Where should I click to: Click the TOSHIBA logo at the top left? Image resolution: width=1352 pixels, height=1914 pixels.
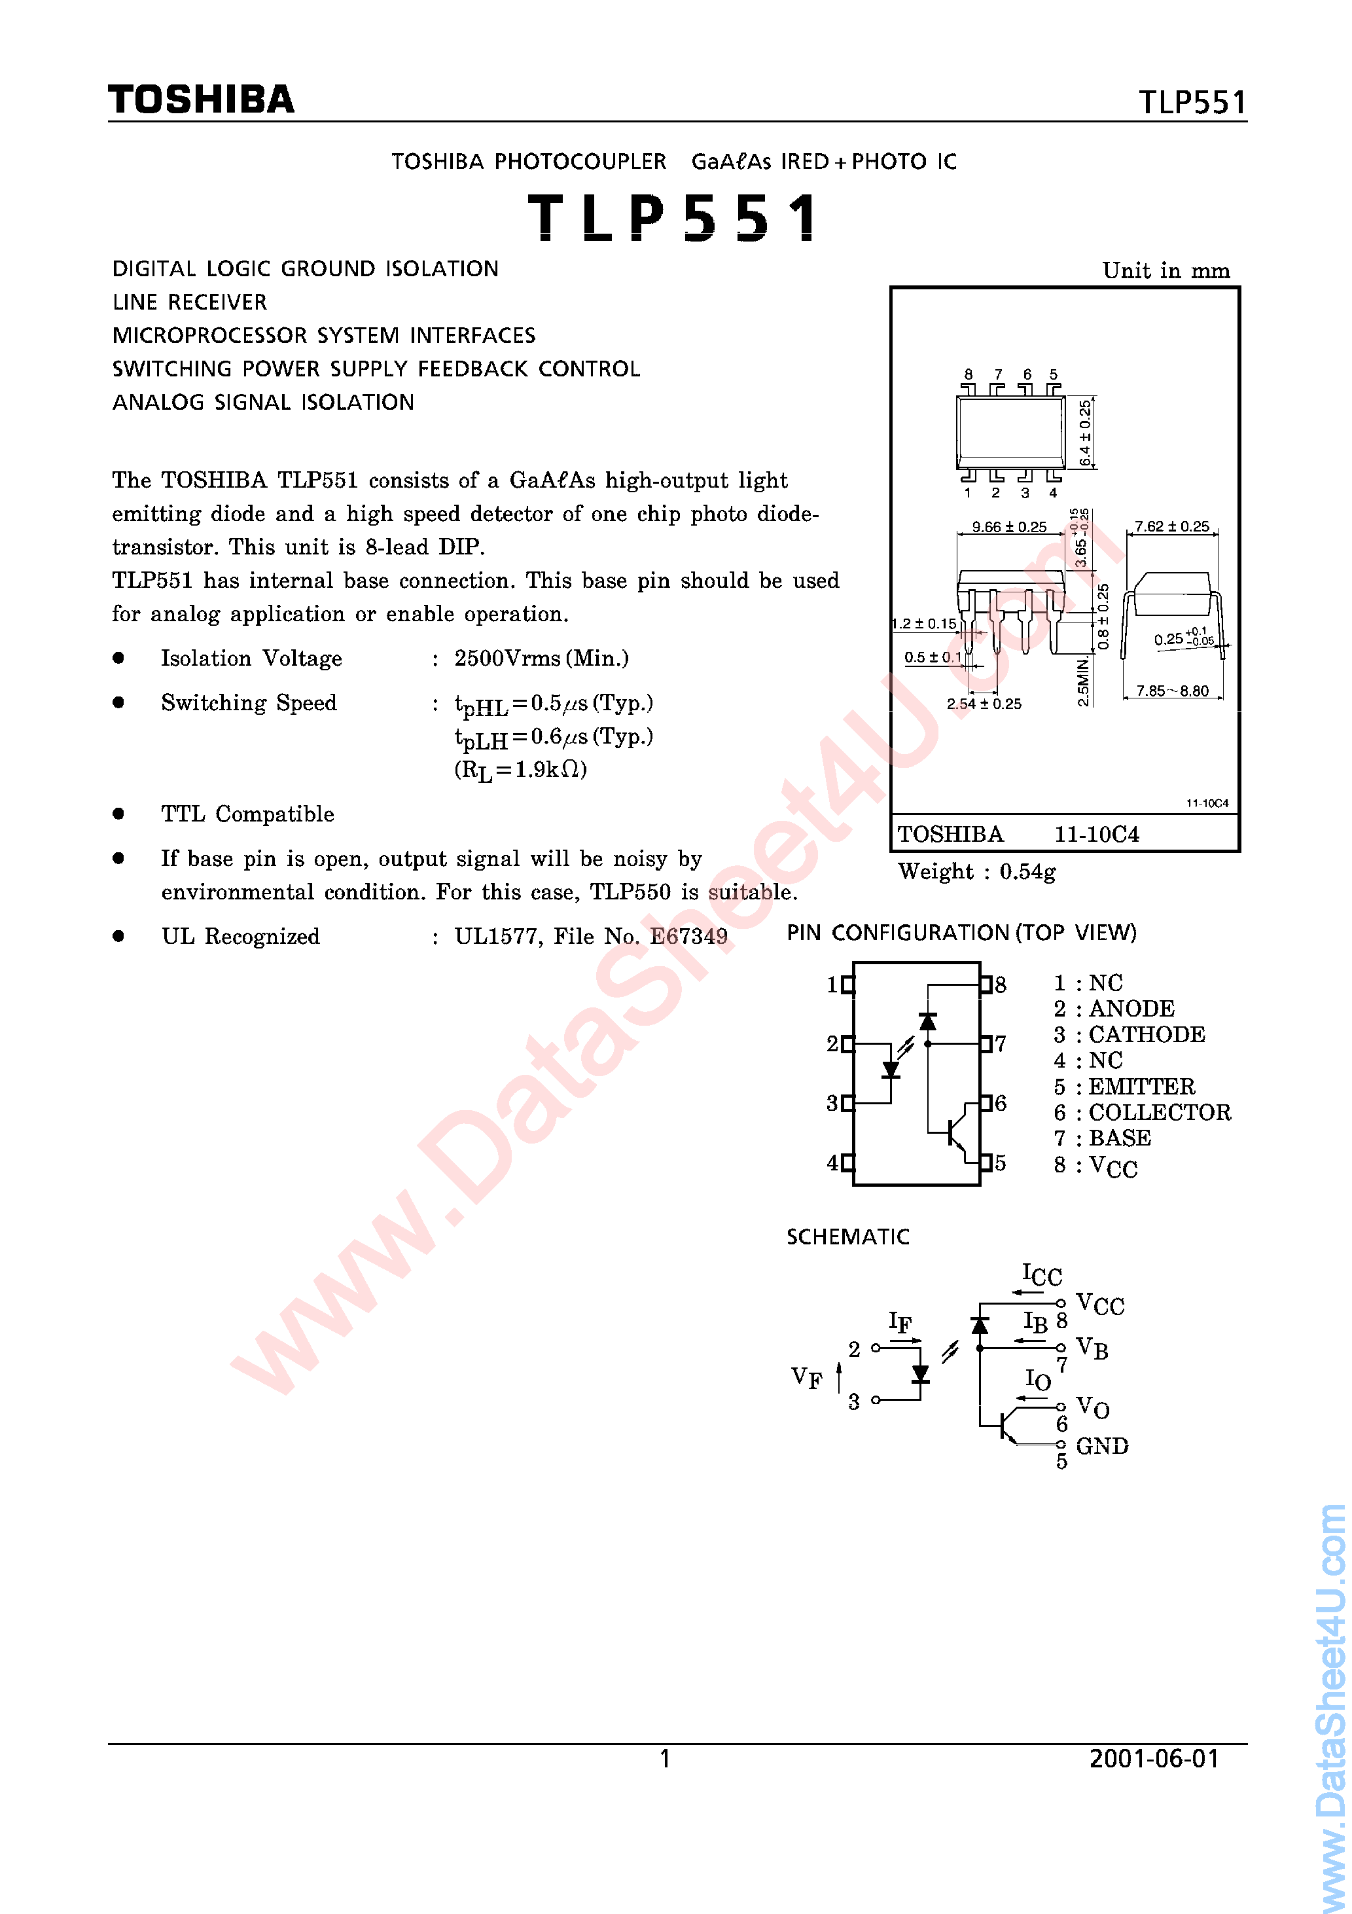201,100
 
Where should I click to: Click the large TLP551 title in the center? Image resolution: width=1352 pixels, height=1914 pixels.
673,217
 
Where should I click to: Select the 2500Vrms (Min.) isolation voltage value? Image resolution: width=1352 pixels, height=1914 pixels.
541,659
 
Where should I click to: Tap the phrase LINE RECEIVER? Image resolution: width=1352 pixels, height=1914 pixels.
190,302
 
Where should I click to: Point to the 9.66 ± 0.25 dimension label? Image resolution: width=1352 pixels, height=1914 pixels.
1008,527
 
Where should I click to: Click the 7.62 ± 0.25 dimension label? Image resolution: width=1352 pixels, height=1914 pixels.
1171,527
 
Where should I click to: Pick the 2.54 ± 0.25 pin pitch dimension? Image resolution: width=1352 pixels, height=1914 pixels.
984,704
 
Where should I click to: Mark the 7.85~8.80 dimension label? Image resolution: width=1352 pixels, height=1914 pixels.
1172,691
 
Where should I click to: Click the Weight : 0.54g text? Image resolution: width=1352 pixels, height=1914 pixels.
976,872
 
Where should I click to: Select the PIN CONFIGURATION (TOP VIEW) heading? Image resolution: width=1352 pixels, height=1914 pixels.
961,933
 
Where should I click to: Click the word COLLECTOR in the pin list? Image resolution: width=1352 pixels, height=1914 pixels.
1160,1113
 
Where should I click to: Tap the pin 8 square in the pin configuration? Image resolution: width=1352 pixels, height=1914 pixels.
986,984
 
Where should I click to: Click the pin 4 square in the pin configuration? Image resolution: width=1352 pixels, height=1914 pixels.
847,1163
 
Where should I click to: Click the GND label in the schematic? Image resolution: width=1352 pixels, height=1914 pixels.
1102,1447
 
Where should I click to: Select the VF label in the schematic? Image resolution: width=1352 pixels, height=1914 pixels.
806,1377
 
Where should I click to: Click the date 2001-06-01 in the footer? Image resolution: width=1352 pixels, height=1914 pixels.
1154,1759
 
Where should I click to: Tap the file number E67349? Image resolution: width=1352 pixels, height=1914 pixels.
688,937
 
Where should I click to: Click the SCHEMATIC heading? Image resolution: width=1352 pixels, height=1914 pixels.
847,1237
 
